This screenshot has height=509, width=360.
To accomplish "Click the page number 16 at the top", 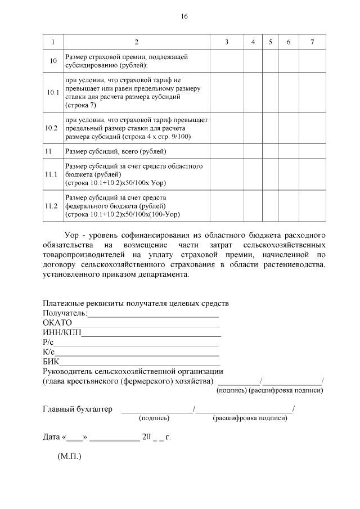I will (184, 17).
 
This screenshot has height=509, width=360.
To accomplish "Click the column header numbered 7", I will (312, 42).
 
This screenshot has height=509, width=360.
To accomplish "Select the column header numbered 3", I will (226, 42).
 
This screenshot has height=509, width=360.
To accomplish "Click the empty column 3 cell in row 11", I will (226, 151).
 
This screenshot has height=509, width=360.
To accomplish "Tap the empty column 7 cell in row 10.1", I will (312, 92).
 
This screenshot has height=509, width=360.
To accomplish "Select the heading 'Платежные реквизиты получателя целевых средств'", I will (136, 304).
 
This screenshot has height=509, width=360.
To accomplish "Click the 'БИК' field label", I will (51, 362).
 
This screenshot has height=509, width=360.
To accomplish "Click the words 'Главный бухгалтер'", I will (78, 409).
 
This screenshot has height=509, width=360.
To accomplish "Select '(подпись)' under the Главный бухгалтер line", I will (154, 418).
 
